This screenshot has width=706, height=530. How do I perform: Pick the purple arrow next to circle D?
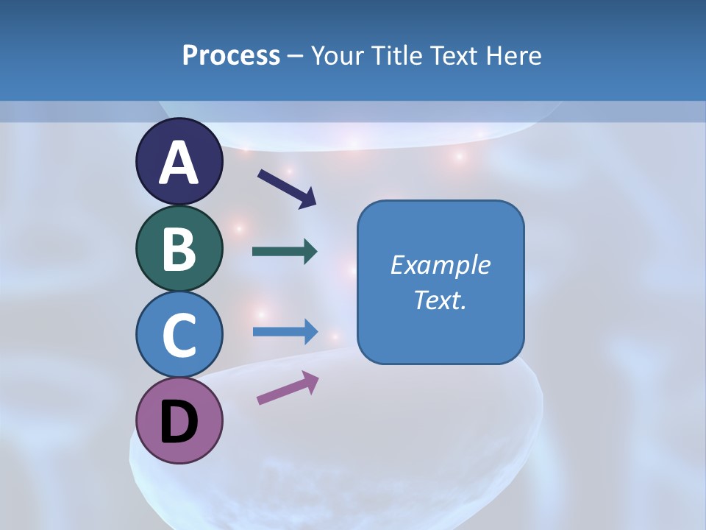(287, 389)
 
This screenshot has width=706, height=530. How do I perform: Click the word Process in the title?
(231, 55)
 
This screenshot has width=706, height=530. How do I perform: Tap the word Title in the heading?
(388, 55)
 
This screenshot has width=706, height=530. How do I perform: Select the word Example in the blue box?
(440, 265)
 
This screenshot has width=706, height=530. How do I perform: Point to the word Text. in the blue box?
(440, 300)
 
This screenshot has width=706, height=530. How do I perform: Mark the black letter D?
(179, 423)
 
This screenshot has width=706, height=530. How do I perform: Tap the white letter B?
(179, 249)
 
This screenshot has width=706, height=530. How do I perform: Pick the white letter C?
(179, 335)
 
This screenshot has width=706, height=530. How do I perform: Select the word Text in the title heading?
(452, 55)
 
